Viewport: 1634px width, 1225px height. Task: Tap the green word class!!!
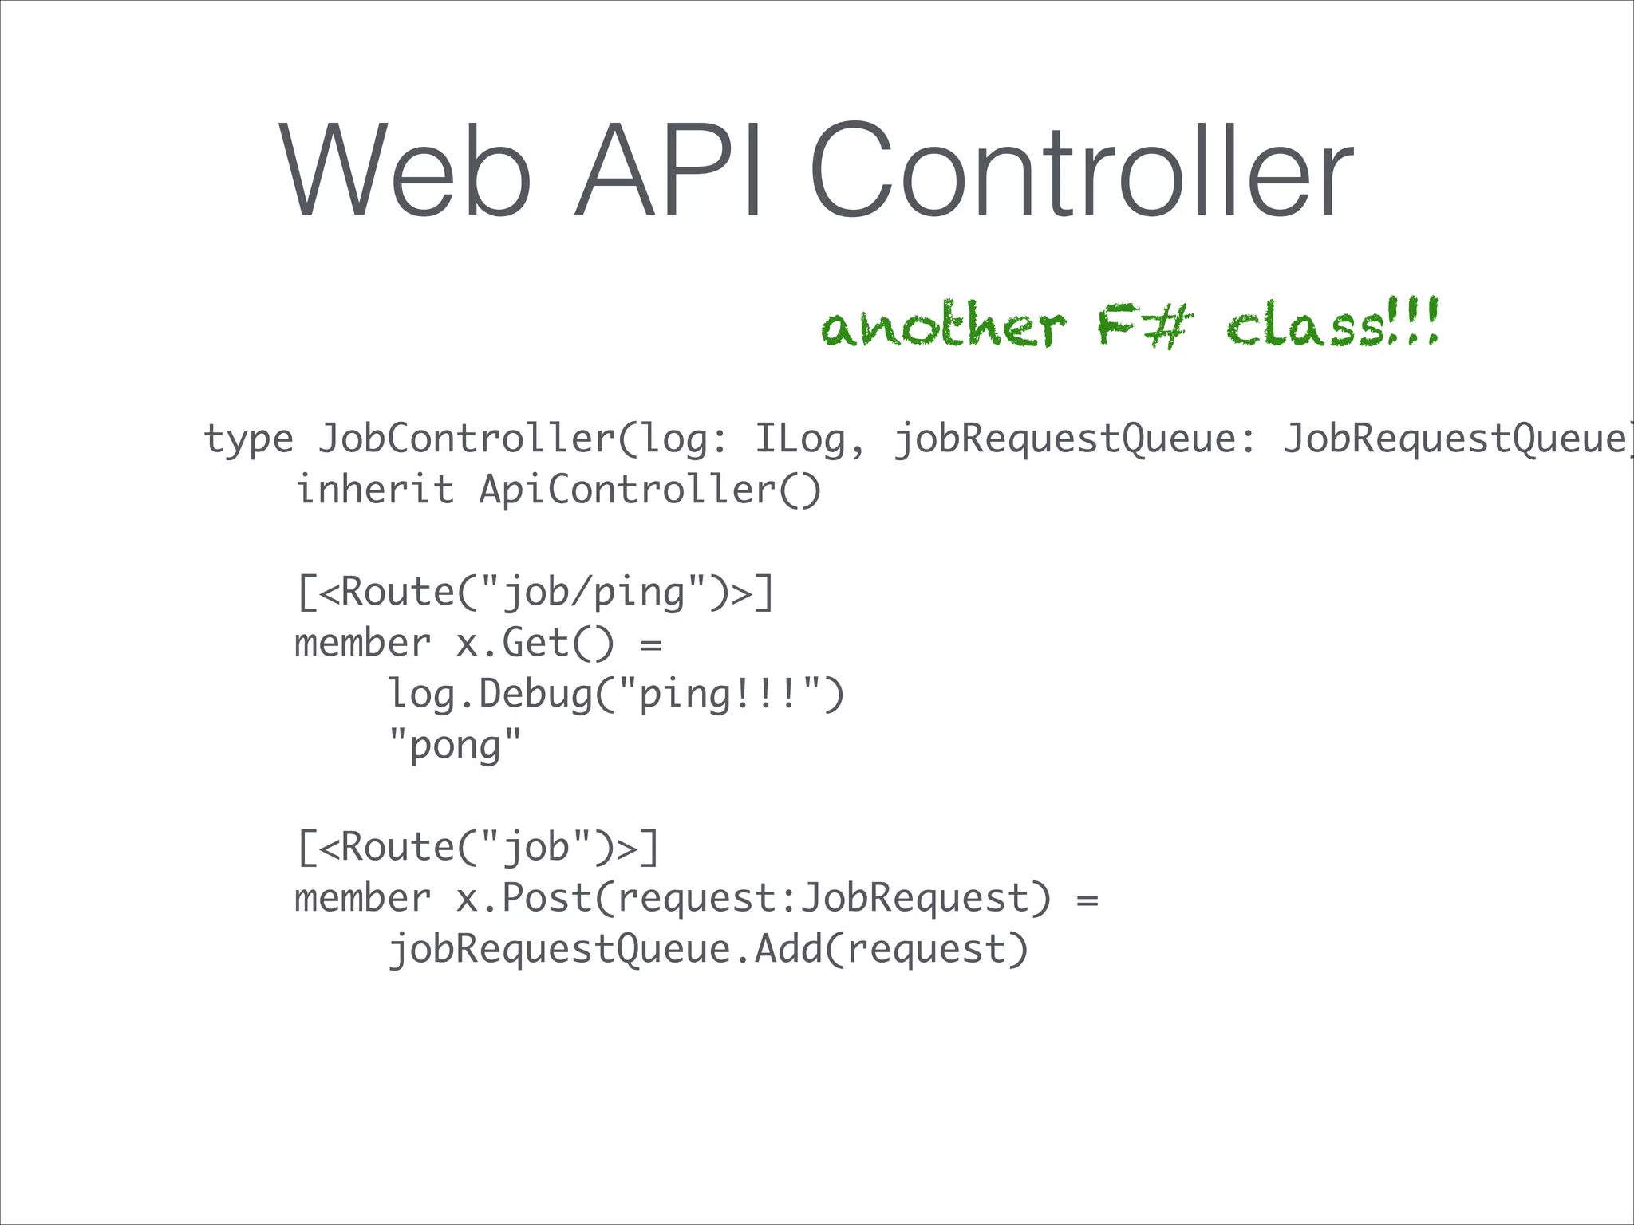pos(1332,323)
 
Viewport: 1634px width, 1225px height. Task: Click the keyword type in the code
pos(249,439)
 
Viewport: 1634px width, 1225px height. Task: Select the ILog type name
pos(800,439)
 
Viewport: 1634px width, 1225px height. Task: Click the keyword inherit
pos(374,490)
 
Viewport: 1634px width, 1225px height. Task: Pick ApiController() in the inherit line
pos(649,490)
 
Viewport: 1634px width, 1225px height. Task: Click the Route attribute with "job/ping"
pos(535,593)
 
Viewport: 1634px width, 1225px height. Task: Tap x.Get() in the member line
pos(535,644)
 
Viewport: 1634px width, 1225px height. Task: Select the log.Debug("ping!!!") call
pos(615,695)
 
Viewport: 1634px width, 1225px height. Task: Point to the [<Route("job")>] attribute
pos(478,848)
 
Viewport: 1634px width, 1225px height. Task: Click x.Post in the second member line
pos(523,899)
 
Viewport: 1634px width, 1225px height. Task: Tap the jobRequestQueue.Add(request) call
pos(708,950)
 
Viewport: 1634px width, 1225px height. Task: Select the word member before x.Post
pos(362,899)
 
